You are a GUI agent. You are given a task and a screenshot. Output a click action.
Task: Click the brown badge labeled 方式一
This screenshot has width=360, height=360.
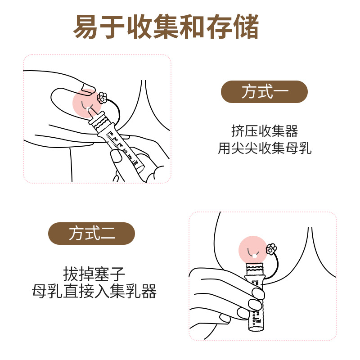point(264,92)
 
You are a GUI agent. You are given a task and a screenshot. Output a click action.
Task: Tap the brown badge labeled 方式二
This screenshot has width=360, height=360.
point(92,234)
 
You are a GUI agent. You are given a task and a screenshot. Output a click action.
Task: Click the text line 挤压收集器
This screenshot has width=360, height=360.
point(265,131)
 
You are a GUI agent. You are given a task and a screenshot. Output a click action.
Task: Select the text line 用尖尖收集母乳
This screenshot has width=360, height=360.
point(265,148)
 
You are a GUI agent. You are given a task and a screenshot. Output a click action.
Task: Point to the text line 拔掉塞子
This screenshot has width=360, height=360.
point(92,274)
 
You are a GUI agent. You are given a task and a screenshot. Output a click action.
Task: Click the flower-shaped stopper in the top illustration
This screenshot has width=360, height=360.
point(102,97)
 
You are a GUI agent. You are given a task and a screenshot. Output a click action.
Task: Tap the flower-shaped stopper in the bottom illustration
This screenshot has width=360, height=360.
point(271,248)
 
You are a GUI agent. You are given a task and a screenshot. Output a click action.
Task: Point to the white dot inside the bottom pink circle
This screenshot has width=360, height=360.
point(255,256)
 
